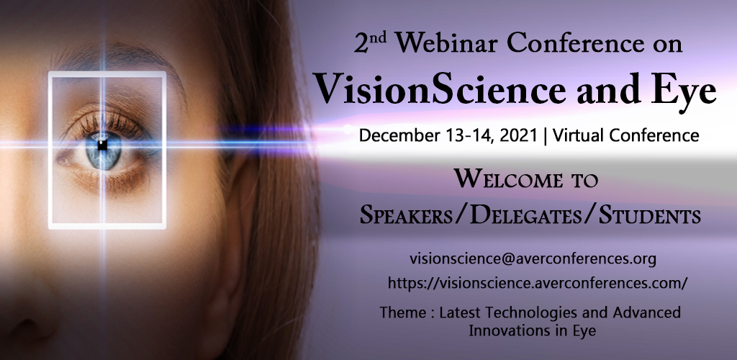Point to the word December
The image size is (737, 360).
click(399, 136)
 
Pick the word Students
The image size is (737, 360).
click(650, 216)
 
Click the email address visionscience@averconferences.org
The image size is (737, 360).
click(533, 258)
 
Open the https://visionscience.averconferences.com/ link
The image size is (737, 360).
click(538, 283)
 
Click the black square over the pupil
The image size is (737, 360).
click(102, 145)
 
